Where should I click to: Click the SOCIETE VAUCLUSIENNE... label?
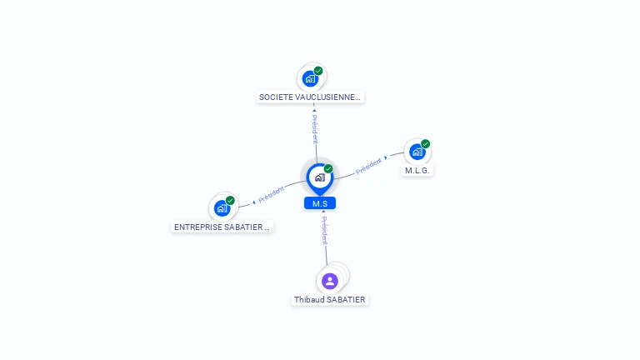point(310,97)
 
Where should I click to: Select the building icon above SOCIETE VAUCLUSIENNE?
point(310,78)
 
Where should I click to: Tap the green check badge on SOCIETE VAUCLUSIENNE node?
point(318,71)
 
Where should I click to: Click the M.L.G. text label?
point(417,171)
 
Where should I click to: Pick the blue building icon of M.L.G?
point(417,152)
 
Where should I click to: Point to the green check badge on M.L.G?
point(425,143)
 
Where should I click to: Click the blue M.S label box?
point(320,203)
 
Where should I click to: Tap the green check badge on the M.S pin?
point(328,169)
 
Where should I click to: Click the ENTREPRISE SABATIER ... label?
point(222,227)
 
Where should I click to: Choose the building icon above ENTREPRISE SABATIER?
point(222,208)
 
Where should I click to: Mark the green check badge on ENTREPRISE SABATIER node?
point(230,201)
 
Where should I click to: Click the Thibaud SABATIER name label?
point(330,300)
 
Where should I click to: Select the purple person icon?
point(330,281)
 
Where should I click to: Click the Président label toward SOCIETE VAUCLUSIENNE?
point(315,129)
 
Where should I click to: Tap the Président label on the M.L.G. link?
point(368,166)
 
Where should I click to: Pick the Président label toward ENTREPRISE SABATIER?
point(271,194)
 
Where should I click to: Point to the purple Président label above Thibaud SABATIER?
point(324,231)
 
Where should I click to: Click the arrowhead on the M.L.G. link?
point(386,157)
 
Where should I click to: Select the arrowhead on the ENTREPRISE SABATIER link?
point(254,202)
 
